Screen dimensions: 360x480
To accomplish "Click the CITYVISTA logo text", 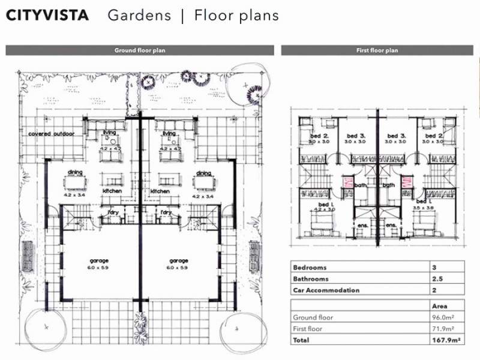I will [x=47, y=16].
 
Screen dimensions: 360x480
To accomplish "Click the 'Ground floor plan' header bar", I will [x=140, y=51].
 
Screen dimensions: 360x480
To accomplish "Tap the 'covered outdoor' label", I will [x=52, y=134].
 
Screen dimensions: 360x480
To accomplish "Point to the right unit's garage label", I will [x=179, y=261].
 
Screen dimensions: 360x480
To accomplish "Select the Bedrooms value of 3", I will [x=434, y=267].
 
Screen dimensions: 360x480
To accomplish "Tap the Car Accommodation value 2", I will [x=434, y=290].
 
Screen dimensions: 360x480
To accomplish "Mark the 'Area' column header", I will [x=439, y=305].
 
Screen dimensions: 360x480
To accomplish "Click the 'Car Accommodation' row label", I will [x=326, y=290].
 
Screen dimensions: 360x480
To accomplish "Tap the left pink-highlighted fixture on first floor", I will [x=347, y=182].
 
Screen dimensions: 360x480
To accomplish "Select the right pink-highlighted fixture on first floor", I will [x=406, y=182].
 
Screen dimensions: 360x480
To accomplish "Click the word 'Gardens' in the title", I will [x=139, y=16].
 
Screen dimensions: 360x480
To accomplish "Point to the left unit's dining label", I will [x=76, y=172].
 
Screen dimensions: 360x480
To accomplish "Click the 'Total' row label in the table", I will [x=301, y=340].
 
